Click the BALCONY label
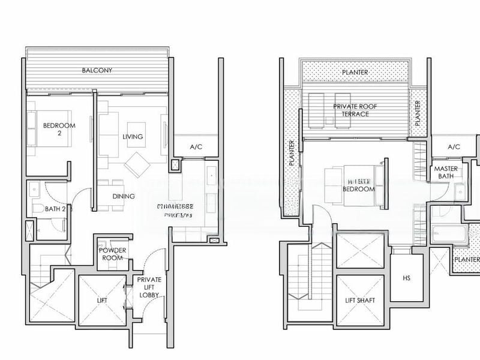97,70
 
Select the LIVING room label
133,137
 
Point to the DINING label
124,196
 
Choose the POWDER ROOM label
112,254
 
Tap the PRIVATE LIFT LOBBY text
149,287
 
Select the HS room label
407,278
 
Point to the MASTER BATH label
446,173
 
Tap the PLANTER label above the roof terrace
355,73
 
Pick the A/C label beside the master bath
454,147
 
